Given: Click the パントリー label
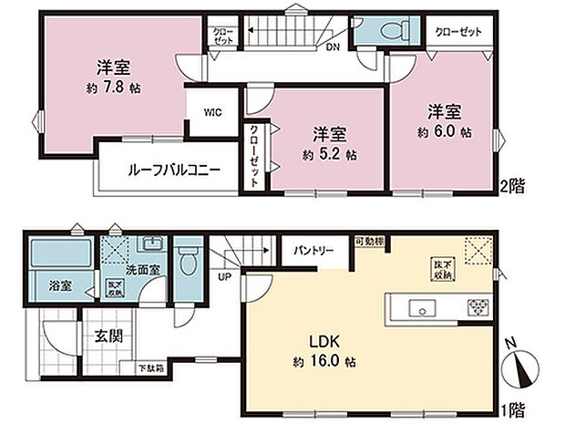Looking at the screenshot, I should (x=312, y=249).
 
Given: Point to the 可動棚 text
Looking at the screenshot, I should (x=369, y=241).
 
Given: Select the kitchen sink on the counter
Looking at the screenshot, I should (x=425, y=305).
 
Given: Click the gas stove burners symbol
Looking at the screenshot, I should (x=478, y=306).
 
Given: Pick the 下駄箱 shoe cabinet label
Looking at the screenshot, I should (x=150, y=368).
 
